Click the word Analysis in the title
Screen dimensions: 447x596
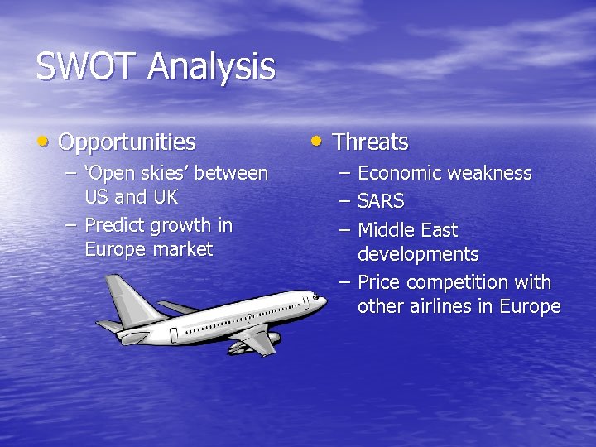pos(211,67)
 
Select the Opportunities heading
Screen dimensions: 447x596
pos(127,142)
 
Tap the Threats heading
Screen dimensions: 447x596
pos(370,142)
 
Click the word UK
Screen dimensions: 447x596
pos(165,198)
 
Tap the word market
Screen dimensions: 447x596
pos(181,249)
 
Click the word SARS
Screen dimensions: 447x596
pos(381,201)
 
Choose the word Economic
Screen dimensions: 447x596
pos(400,174)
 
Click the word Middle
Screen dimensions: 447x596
pos(386,230)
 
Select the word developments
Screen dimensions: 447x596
pos(418,254)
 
